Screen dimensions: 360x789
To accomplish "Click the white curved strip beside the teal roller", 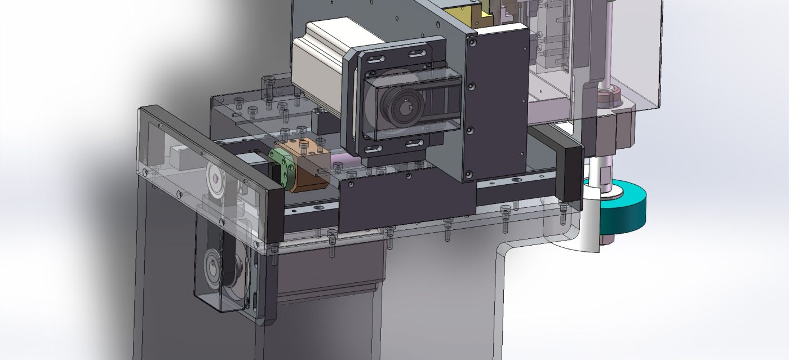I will [x=588, y=225].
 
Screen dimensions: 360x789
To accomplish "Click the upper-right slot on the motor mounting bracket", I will [x=417, y=54].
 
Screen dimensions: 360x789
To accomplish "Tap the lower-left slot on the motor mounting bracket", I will [x=373, y=149].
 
